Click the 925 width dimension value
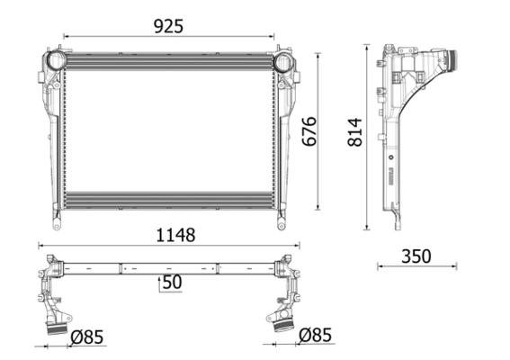click(168, 26)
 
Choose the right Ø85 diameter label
click(315, 336)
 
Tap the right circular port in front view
click(283, 63)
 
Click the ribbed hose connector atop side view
click(452, 64)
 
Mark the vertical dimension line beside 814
click(368, 135)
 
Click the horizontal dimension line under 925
click(168, 38)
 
